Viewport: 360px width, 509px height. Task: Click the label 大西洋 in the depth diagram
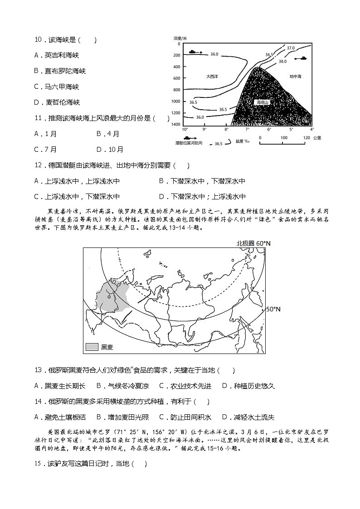tap(212, 77)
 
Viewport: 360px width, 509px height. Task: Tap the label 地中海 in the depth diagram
tap(295, 77)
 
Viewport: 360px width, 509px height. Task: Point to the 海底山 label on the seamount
tap(262, 102)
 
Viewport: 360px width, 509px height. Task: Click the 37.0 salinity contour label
tap(290, 48)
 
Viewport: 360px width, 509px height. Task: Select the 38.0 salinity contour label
tap(282, 61)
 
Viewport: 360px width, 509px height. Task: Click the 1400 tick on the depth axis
tap(175, 124)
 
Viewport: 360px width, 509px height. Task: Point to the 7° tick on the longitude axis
tap(248, 130)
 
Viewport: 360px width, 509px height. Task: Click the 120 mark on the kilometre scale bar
tap(306, 137)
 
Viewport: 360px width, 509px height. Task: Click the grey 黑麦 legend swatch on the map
tap(92, 347)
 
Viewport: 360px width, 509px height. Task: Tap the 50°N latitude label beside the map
tap(273, 309)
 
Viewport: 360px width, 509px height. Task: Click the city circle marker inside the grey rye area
tap(109, 297)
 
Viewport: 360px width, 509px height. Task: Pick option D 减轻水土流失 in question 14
tap(248, 417)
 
